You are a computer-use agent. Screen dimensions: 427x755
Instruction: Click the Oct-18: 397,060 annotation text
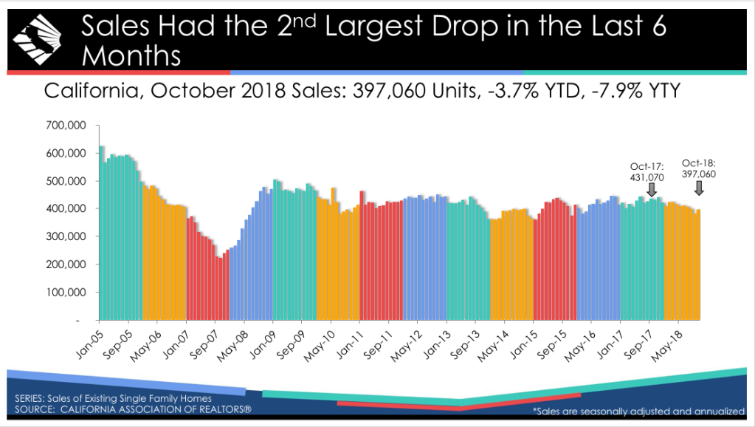[699, 168]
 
